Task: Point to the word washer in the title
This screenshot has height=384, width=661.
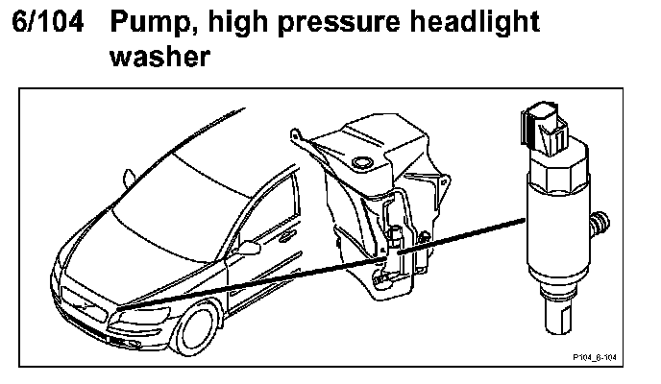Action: (x=159, y=59)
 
